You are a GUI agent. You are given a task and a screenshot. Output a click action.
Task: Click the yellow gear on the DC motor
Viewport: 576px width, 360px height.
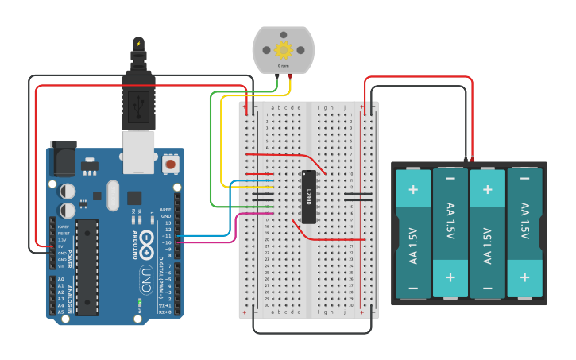(x=284, y=49)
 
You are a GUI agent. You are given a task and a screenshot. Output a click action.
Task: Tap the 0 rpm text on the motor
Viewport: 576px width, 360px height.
(x=284, y=65)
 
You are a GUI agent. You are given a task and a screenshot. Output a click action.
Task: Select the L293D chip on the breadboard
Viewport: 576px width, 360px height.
(x=309, y=196)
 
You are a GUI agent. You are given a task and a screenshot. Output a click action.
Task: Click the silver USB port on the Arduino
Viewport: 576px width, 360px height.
(x=139, y=152)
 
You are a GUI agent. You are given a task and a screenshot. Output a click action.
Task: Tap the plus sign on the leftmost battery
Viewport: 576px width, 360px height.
(x=413, y=189)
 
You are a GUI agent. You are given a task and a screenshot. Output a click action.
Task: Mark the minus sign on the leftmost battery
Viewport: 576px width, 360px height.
(x=413, y=288)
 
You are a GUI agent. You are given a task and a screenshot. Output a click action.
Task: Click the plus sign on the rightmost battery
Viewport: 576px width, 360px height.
(x=524, y=277)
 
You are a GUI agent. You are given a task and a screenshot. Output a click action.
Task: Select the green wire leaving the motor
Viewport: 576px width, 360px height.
(x=211, y=143)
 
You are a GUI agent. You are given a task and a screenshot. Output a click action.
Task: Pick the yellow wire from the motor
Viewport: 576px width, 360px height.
(x=222, y=143)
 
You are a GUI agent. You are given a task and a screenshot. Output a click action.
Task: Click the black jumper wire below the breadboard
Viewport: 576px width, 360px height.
(x=310, y=332)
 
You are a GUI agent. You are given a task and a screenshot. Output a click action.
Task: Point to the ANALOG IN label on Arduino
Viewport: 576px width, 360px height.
(x=69, y=295)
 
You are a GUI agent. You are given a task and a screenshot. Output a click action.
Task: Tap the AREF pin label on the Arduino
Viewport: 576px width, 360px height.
(x=166, y=211)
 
